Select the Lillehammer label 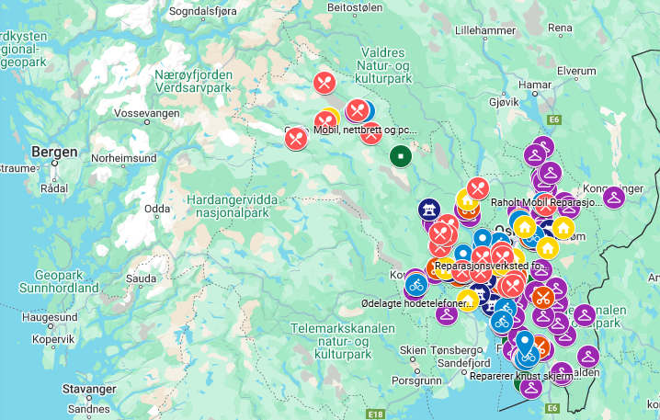tap(487, 29)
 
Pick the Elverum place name tap(576, 70)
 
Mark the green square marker tap(400, 156)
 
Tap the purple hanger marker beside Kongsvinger tap(614, 197)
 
